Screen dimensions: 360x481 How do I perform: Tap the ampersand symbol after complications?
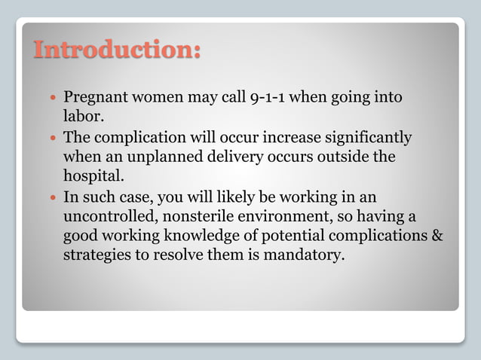coord(437,236)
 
